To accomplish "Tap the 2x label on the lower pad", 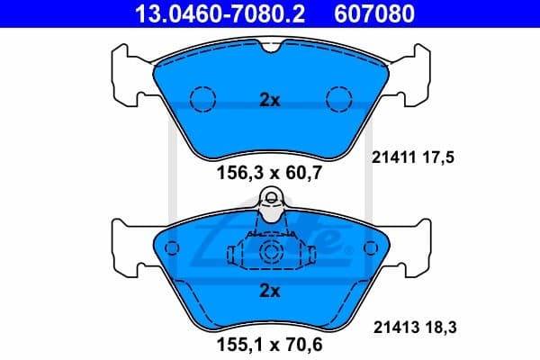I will tap(270, 291).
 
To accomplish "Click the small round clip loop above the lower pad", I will tap(270, 200).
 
